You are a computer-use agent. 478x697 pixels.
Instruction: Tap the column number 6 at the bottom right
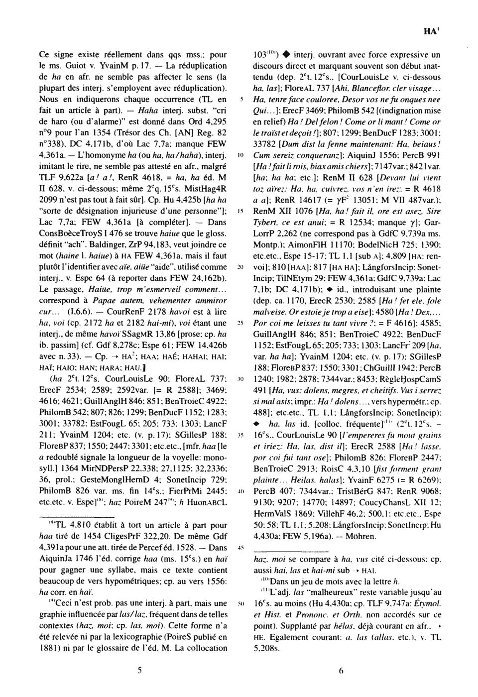[x=341, y=670]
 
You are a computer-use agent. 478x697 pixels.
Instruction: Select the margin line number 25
[x=240, y=323]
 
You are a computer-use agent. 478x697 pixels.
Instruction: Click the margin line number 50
[x=240, y=603]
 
